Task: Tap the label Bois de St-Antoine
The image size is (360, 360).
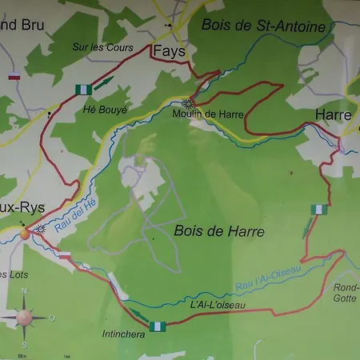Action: coord(264,26)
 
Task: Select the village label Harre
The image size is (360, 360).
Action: coord(334,115)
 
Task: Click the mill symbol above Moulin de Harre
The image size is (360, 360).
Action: coord(187,102)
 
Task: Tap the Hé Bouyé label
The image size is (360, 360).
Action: coord(105,109)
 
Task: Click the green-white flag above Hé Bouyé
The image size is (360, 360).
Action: coord(82,89)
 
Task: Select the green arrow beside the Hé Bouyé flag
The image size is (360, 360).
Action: coord(103,82)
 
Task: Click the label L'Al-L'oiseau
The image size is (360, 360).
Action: coord(218,305)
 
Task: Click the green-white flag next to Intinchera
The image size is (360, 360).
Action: coord(160,326)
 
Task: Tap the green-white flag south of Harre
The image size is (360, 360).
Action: coord(319,210)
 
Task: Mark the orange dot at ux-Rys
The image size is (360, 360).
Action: coord(25,234)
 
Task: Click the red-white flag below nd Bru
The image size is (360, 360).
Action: coord(12,78)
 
